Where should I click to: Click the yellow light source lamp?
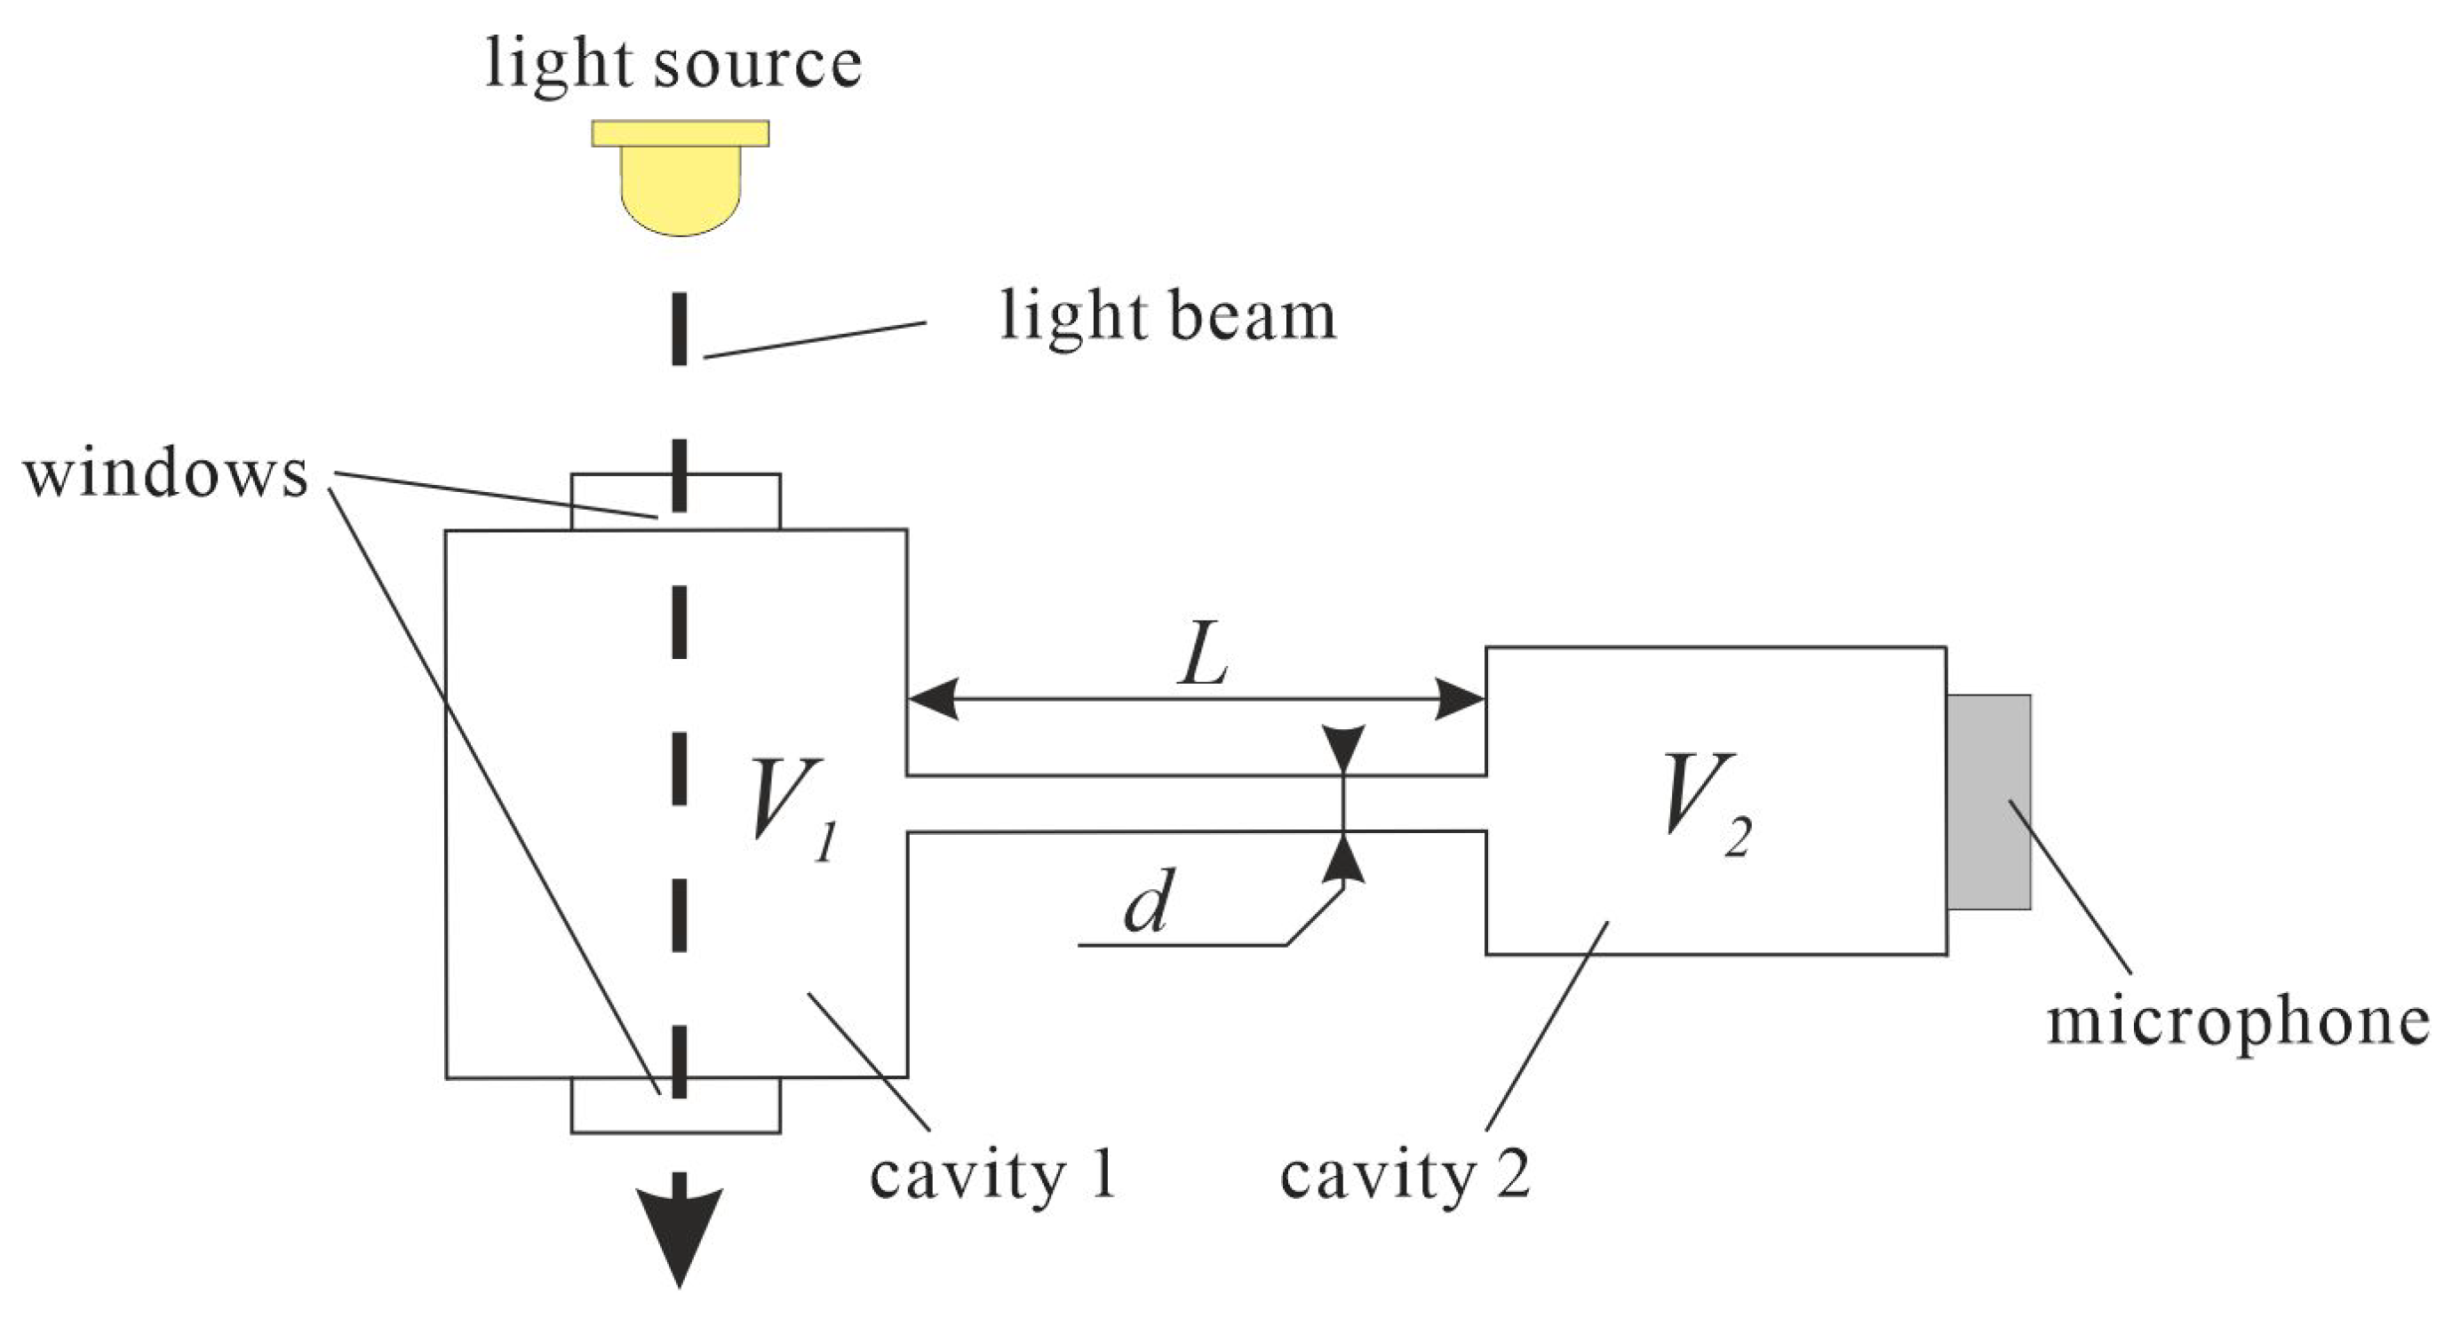(680, 181)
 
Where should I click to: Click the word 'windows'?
(165, 473)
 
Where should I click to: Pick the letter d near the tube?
(1147, 901)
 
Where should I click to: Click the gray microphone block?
(1988, 801)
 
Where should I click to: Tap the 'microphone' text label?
(2237, 1021)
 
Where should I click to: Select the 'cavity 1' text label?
(991, 1176)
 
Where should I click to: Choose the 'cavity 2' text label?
(1404, 1176)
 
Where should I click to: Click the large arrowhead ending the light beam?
(679, 1233)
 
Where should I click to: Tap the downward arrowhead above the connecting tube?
(1343, 748)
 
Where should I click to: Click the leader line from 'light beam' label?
(814, 340)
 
